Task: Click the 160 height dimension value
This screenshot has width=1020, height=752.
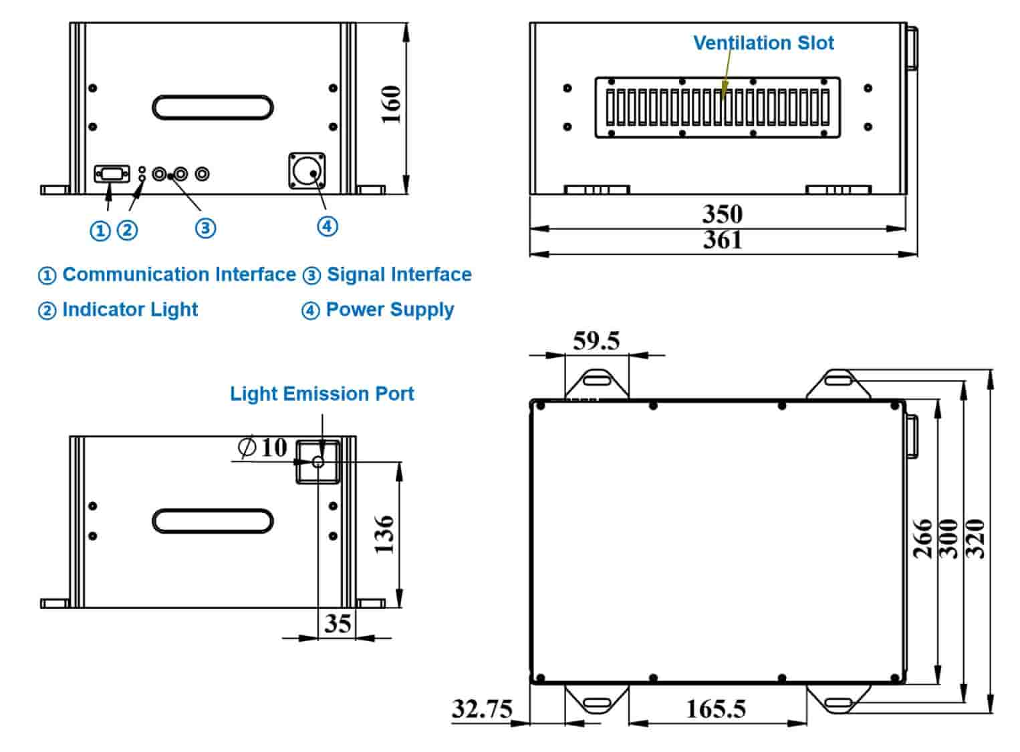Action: [391, 104]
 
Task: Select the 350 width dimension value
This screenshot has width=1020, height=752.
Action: [722, 214]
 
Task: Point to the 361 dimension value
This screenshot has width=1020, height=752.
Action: [722, 239]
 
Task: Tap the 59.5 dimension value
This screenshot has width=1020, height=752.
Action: [596, 341]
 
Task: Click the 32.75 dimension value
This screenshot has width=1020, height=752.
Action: [482, 708]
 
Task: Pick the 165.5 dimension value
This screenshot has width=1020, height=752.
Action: [716, 709]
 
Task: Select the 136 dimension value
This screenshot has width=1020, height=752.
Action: [384, 534]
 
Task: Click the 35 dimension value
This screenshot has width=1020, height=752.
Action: [338, 623]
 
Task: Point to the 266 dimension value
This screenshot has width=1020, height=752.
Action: [922, 538]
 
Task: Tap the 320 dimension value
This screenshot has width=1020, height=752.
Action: [977, 538]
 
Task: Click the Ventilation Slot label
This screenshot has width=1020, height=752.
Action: [763, 43]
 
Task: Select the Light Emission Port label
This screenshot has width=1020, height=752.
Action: [322, 394]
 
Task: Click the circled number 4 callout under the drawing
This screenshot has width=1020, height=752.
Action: [327, 226]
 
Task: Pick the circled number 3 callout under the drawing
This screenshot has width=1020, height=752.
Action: [205, 228]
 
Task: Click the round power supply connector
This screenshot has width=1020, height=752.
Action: [307, 172]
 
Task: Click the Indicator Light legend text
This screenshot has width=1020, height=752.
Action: [130, 310]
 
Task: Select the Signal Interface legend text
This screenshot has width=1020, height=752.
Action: [399, 274]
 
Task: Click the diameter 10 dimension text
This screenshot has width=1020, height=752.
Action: [263, 447]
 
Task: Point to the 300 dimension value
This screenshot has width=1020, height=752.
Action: [949, 538]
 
